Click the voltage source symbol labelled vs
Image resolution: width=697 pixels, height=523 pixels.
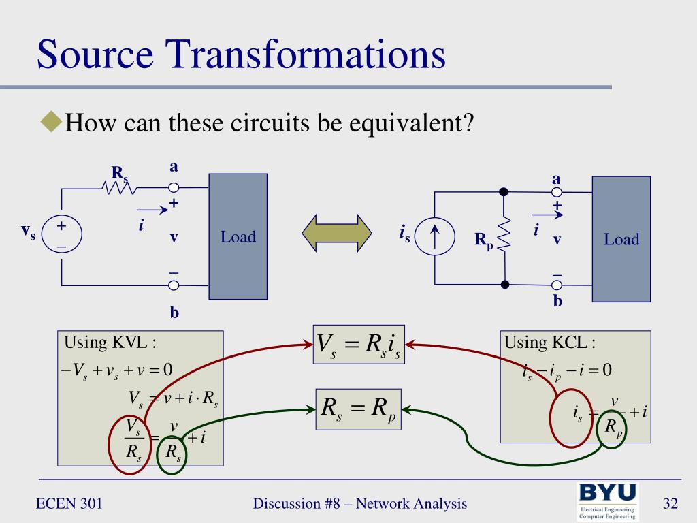61,235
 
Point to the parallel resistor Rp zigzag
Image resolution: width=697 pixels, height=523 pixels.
504,238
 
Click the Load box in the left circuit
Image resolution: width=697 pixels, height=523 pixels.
238,236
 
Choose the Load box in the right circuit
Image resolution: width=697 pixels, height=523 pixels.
621,238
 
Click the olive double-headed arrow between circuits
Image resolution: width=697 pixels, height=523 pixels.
337,232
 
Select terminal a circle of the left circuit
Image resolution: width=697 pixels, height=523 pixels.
174,187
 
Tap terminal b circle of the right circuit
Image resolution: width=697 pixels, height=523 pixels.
557,285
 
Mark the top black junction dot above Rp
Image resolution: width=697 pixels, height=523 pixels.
504,192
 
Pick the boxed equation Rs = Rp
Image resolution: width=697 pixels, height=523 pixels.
358,409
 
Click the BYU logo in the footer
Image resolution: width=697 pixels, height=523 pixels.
608,501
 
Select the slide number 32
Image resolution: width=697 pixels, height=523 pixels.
670,504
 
